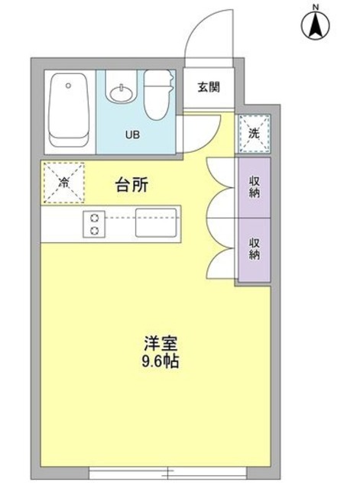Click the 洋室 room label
(x=161, y=343)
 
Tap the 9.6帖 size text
(x=161, y=362)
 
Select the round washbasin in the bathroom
(x=120, y=95)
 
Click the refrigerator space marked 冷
(x=63, y=183)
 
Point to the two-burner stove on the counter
(x=96, y=224)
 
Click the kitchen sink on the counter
(x=156, y=223)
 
